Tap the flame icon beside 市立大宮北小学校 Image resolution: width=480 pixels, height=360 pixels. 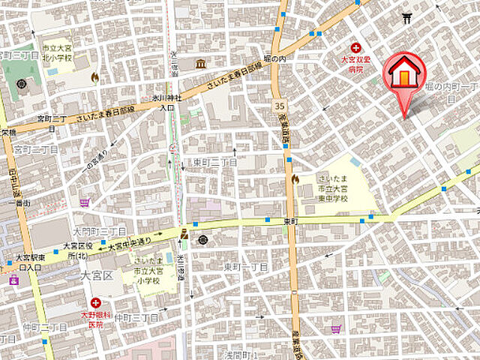[94, 76]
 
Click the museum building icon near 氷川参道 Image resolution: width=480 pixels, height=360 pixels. [201, 64]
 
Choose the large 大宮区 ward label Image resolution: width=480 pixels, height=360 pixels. [97, 275]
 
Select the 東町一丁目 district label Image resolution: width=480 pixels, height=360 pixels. [245, 267]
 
